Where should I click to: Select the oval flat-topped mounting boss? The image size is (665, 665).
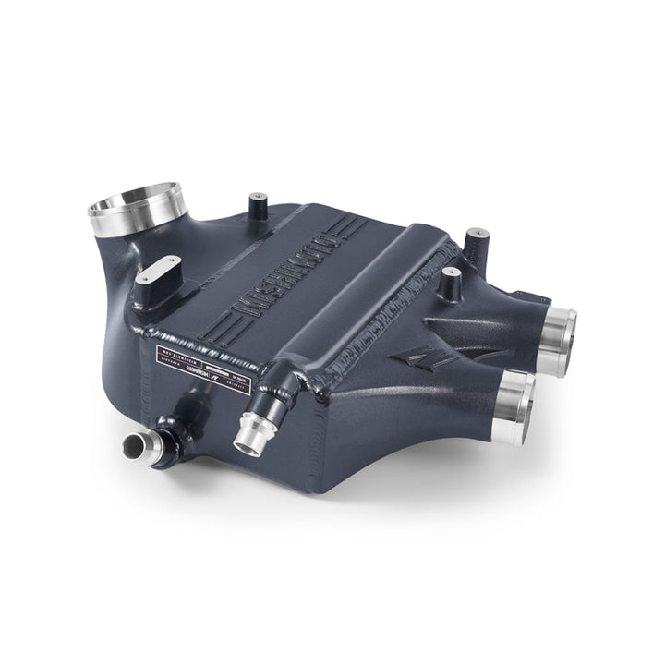tap(160, 273)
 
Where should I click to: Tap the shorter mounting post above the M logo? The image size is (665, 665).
tap(451, 282)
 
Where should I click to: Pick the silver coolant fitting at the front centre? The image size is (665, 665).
tap(250, 434)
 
